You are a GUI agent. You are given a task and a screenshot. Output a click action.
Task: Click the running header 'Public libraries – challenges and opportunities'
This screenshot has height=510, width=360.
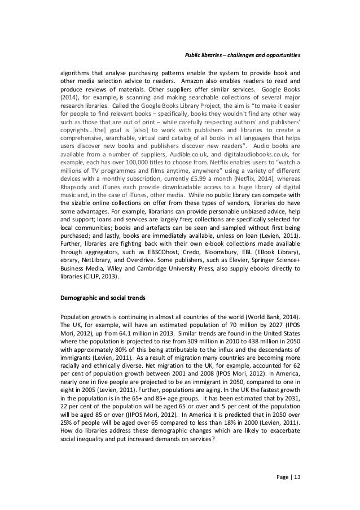[243, 55]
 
